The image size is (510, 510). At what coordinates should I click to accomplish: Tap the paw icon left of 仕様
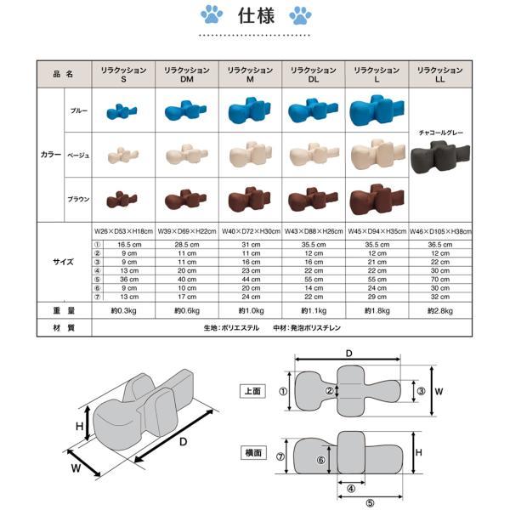pyautogui.click(x=212, y=14)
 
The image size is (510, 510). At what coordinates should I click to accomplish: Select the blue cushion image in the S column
pyautogui.click(x=122, y=110)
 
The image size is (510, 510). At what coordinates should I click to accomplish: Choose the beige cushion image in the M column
pyautogui.click(x=250, y=155)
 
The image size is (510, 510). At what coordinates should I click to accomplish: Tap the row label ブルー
pyautogui.click(x=78, y=110)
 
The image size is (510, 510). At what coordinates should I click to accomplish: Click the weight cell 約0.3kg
pyautogui.click(x=122, y=310)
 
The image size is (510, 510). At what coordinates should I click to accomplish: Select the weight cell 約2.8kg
pyautogui.click(x=439, y=310)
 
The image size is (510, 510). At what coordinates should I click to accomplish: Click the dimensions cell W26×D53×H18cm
pyautogui.click(x=122, y=230)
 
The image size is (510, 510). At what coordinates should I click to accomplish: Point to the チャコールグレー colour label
pyautogui.click(x=439, y=133)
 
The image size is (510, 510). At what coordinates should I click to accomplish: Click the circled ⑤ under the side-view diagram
pyautogui.click(x=371, y=501)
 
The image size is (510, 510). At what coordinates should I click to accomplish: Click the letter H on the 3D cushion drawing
pyautogui.click(x=78, y=428)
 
